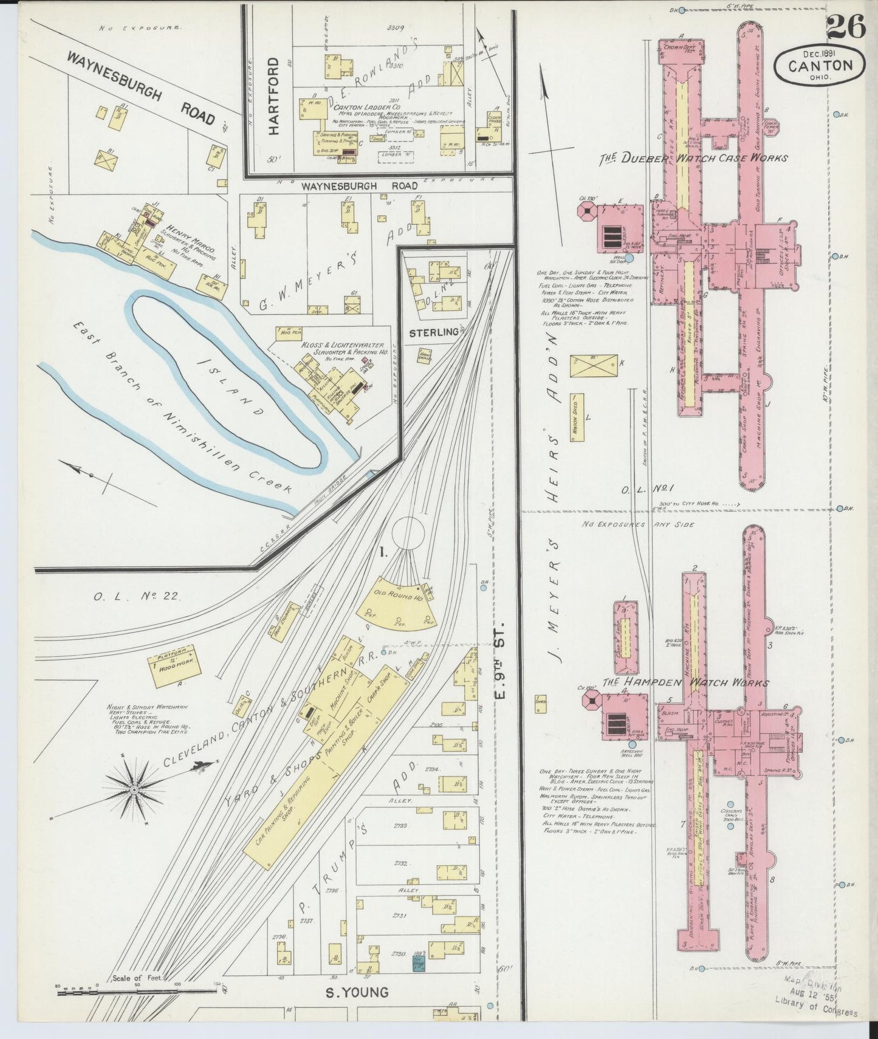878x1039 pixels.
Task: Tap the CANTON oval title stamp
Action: tap(820, 63)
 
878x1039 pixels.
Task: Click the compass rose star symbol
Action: tap(133, 789)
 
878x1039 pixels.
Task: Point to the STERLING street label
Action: tap(433, 332)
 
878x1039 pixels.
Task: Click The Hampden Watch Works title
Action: tap(686, 682)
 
